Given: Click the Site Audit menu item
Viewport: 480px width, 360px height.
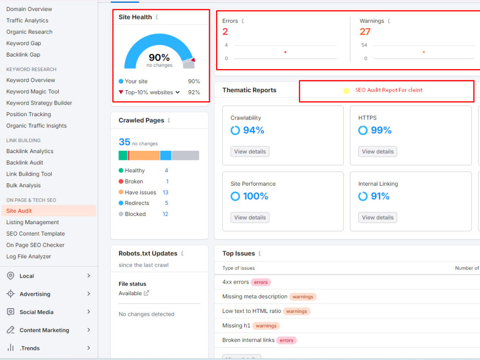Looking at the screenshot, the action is [19, 211].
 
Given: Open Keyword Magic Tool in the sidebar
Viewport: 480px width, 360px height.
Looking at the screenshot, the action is [33, 92].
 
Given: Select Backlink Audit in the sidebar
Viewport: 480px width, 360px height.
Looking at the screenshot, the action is [24, 163].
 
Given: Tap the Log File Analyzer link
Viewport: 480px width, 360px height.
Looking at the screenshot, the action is [28, 256].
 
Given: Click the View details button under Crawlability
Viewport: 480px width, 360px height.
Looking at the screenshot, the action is [250, 152].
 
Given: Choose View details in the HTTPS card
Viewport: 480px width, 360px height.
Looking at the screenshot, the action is [377, 152].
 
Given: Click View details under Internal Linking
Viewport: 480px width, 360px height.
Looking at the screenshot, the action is [377, 217].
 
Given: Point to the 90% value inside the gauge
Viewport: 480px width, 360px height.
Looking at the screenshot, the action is [159, 57].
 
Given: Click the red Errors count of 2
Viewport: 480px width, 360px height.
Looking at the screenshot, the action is [225, 32].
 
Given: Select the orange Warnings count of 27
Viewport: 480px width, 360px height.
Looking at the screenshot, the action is [365, 32].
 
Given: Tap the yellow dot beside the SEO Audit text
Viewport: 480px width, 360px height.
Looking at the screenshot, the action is [346, 91].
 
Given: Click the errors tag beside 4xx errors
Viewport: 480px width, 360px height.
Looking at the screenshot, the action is [261, 282].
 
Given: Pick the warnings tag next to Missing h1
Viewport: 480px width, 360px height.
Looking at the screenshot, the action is [266, 326].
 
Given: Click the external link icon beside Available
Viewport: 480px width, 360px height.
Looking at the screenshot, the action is [146, 293].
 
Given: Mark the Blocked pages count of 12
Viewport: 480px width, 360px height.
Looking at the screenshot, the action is [165, 214].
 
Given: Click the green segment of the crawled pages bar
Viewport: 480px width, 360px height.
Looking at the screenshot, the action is [123, 156].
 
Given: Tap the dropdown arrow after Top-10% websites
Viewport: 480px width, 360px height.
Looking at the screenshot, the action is [178, 92].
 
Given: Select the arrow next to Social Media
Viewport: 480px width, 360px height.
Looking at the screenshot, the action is [88, 312].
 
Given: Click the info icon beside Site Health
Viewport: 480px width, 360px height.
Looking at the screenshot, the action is [157, 17].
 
